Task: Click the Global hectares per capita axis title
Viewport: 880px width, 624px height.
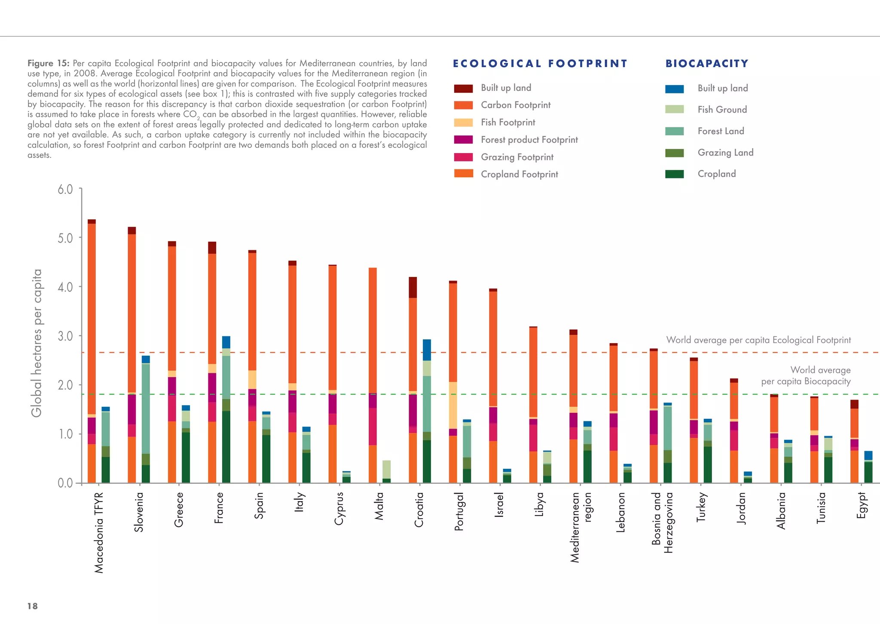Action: point(37,343)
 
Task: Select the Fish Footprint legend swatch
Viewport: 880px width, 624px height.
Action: point(463,123)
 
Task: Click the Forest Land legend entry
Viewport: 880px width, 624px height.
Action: point(721,131)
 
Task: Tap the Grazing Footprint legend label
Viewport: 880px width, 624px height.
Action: point(517,157)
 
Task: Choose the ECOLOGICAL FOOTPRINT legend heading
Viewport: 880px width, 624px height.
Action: point(540,64)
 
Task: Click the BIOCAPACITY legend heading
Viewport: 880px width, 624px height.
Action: point(707,64)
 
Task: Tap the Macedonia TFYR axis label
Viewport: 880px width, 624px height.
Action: point(99,532)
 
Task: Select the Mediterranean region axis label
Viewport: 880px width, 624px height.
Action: point(581,527)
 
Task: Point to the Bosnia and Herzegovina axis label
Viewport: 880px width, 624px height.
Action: point(662,523)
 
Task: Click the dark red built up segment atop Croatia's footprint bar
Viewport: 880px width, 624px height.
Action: point(412,287)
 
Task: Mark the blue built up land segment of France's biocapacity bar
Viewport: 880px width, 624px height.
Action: point(226,342)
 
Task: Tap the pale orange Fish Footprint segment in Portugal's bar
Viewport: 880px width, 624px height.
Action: point(452,405)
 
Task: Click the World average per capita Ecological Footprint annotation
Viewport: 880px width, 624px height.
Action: point(758,340)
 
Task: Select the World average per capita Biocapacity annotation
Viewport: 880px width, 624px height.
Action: point(806,375)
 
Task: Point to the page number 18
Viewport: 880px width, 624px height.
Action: point(32,606)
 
